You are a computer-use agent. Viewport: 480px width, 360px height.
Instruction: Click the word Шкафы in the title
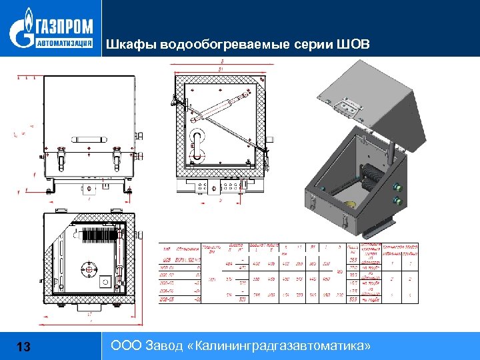[127, 45]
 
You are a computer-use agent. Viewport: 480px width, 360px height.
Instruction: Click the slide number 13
[23, 347]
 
